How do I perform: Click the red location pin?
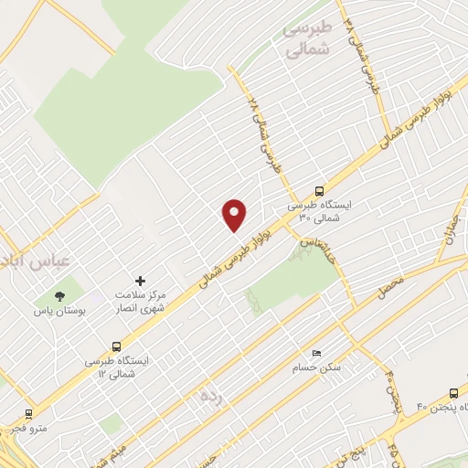coord(235,215)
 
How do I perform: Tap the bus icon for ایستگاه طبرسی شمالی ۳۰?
coord(319,191)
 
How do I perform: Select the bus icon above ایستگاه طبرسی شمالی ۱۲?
coord(116,346)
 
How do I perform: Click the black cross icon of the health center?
coord(140,281)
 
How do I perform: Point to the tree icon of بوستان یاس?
coord(59,296)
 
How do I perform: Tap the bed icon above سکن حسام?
coord(316,353)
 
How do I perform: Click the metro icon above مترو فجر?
coord(28,413)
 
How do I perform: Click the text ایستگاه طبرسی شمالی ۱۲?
coord(122,367)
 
